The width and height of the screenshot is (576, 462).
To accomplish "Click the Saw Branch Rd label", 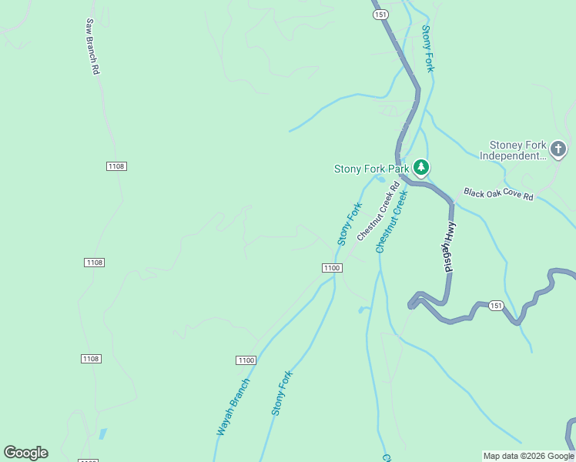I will tap(92, 47).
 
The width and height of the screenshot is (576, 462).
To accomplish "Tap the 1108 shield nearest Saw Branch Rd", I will tap(116, 166).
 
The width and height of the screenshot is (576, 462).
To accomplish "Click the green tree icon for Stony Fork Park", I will tap(420, 167).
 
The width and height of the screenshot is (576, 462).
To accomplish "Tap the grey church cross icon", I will tap(558, 149).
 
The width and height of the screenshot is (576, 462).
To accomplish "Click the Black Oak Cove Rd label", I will tap(498, 195).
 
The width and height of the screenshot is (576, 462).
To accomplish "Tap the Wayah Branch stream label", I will tap(233, 407).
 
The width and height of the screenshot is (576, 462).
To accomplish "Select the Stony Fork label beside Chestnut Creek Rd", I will tap(350, 223).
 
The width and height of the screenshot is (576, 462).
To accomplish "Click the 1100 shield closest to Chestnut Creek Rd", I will tap(331, 267).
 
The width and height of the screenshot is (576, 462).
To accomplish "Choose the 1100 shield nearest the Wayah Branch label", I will tap(246, 360).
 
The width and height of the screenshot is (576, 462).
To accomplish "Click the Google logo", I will tap(25, 453).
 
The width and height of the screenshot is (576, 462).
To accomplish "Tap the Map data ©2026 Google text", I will tap(528, 456).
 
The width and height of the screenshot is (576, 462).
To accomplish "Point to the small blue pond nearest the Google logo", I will tap(102, 434).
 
